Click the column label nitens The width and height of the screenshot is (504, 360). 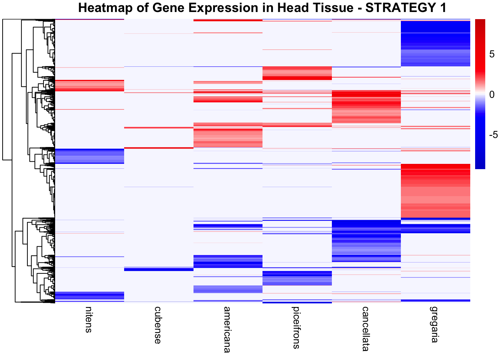[88, 319]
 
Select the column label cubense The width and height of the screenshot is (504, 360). [158, 325]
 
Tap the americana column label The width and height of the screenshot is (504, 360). [227, 330]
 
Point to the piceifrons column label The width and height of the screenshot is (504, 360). [296, 327]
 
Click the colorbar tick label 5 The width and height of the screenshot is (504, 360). [492, 55]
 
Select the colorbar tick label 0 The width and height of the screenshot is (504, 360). [492, 94]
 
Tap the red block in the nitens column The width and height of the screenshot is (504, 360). [89, 85]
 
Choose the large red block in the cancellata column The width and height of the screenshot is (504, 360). [366, 107]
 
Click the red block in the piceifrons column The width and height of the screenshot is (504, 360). [297, 73]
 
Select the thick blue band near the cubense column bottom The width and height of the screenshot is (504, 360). [159, 269]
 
